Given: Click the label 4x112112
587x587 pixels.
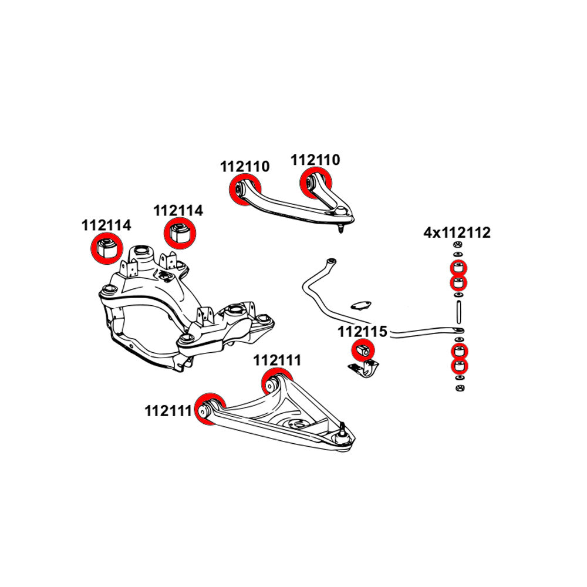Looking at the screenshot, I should (x=457, y=233).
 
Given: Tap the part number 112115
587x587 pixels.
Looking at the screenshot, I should (x=362, y=332).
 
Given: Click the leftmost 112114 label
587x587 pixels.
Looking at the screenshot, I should (x=106, y=225).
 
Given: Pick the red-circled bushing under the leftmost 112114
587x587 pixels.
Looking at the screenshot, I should (x=106, y=247).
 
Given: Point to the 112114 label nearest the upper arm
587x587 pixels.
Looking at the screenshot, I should (x=178, y=210).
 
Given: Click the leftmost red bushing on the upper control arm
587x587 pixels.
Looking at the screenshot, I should (x=240, y=190).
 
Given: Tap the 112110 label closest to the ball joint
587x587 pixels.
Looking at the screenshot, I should (x=315, y=159).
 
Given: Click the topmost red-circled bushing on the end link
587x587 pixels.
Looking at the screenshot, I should (x=458, y=268).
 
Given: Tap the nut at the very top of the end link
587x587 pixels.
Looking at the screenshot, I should (x=458, y=245).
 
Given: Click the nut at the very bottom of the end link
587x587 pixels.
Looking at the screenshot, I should (x=458, y=388).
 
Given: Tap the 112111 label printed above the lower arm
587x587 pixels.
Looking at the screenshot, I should (x=277, y=360).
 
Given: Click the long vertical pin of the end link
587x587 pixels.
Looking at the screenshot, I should (x=458, y=311).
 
